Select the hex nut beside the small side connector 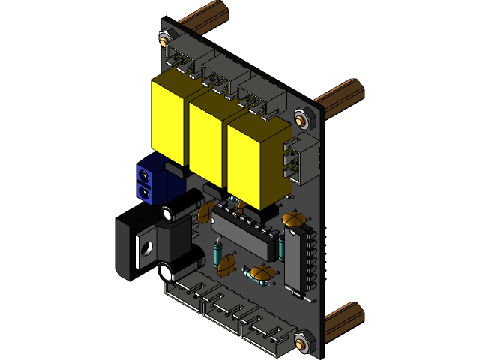pos(301,118)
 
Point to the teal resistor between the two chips pos(281,245)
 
